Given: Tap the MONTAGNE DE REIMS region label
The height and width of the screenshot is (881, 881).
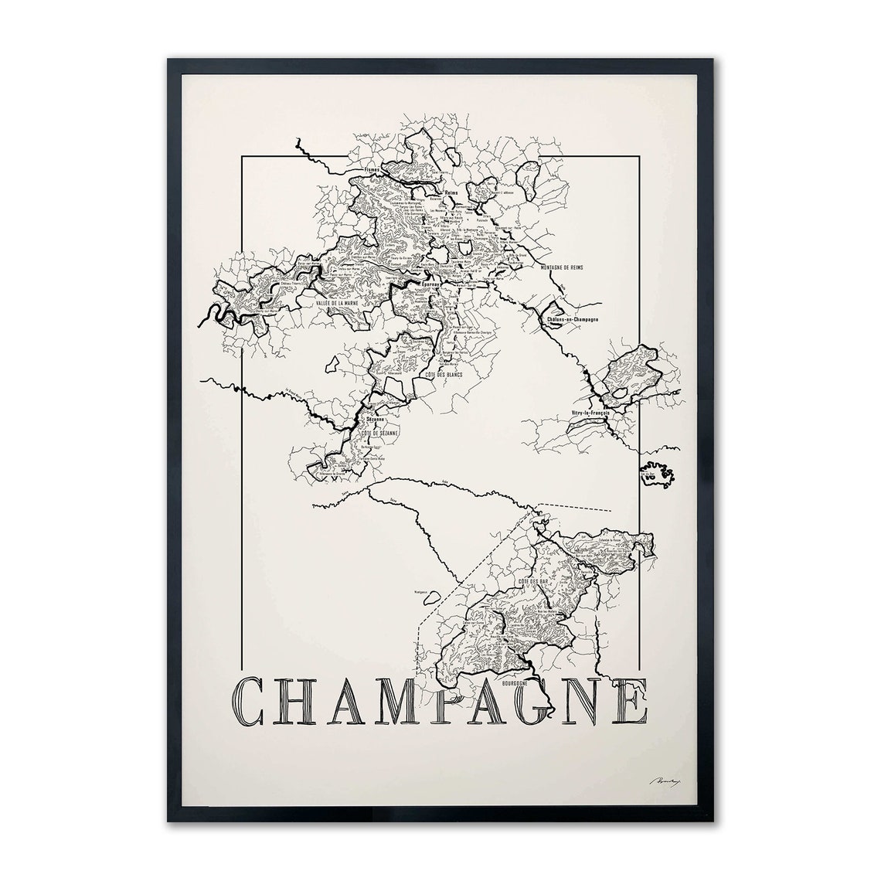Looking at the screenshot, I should point(558,267).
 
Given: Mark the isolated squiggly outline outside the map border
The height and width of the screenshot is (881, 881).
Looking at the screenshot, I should point(659,473).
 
